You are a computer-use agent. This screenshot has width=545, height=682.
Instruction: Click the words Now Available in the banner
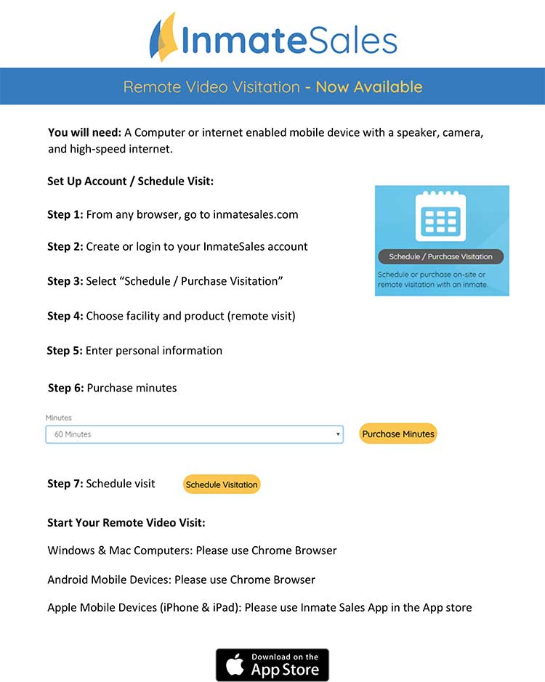[x=368, y=87]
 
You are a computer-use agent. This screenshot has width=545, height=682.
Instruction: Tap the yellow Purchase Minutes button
[x=398, y=434]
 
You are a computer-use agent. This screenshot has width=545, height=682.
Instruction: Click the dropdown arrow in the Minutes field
[x=338, y=434]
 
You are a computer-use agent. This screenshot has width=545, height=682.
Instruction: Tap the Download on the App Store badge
[x=272, y=665]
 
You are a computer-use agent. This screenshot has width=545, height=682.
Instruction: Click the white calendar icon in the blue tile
[x=441, y=216]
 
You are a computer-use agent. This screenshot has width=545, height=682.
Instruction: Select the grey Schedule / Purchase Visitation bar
[x=441, y=256]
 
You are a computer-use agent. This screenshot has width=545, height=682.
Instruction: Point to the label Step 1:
[x=65, y=214]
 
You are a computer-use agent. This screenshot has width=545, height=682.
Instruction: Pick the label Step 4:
[x=65, y=316]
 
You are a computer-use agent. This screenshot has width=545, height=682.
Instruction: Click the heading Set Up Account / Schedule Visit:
[x=130, y=181]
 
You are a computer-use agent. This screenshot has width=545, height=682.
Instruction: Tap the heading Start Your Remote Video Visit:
[x=126, y=523]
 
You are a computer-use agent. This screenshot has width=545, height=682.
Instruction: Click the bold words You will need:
[x=84, y=133]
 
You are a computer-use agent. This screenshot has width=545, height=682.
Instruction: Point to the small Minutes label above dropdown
[x=59, y=418]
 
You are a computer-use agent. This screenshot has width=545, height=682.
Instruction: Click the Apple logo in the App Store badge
[x=235, y=665]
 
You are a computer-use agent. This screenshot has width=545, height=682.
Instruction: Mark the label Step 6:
[x=66, y=388]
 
